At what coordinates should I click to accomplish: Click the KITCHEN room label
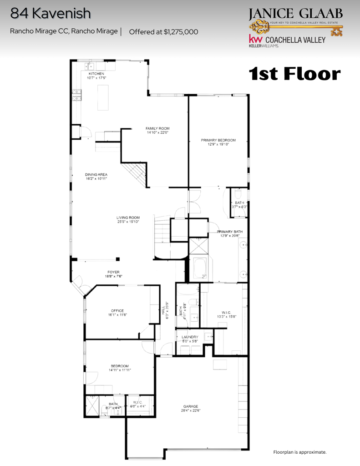point(96,74)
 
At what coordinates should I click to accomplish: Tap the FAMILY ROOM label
point(157,129)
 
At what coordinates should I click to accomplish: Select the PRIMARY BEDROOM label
point(218,140)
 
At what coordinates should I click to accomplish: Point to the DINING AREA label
point(96,174)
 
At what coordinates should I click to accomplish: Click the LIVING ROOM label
point(128,218)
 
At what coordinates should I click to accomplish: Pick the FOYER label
point(113,272)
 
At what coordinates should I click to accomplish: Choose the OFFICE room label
point(117,311)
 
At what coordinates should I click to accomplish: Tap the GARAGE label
point(191,406)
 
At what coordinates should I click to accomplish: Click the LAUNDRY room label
point(190,337)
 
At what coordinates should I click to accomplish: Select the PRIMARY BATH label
point(232,232)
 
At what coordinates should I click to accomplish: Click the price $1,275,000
point(163,32)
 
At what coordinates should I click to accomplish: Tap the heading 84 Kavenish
point(50,14)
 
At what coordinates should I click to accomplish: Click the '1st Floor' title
point(295,74)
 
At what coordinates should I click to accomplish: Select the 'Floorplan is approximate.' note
point(299,452)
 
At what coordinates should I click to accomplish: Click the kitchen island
point(103,97)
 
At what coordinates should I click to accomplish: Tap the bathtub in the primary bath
point(201,268)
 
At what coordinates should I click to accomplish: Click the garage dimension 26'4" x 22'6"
point(191,410)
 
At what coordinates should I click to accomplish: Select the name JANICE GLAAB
point(296,14)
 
